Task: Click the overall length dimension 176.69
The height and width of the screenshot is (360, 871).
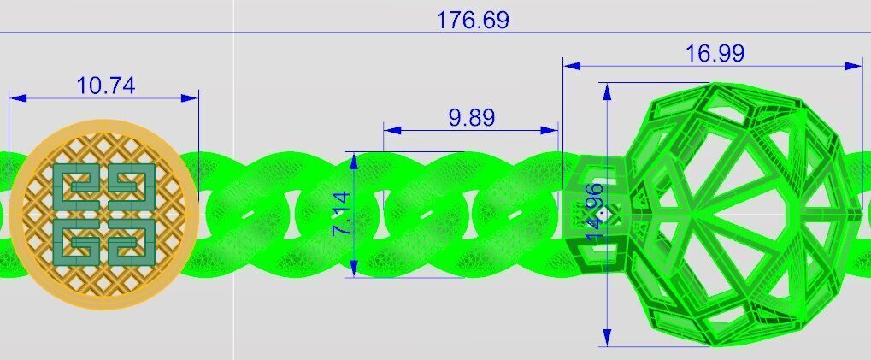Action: point(473,20)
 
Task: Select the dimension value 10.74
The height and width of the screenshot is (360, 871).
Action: point(106,86)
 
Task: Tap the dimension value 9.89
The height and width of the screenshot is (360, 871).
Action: point(471,118)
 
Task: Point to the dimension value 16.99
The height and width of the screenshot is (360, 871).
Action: point(715,54)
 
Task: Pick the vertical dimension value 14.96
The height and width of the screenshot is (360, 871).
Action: point(596,210)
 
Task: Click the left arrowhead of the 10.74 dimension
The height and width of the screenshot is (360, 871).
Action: point(17,98)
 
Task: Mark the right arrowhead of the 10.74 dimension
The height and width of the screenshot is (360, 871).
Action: point(191,98)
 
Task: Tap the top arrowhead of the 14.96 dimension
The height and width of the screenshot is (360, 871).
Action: point(607,89)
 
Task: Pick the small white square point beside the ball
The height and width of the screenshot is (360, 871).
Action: point(601,214)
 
